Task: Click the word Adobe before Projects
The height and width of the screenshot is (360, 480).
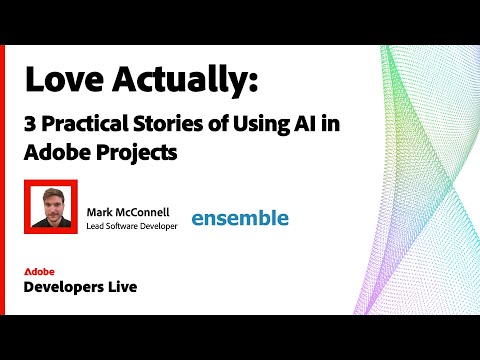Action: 54,155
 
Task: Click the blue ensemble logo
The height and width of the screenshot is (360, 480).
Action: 239,217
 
